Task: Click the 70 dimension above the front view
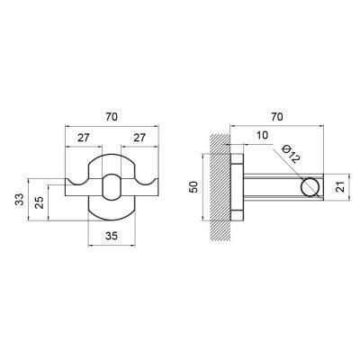click(x=112, y=117)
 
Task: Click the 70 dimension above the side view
click(x=276, y=117)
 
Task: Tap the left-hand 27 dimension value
click(x=84, y=138)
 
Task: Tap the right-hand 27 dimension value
click(x=139, y=138)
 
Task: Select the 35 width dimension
click(x=112, y=236)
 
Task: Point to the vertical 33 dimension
click(x=20, y=200)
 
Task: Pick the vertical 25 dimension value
click(x=40, y=202)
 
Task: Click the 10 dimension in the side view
click(x=262, y=135)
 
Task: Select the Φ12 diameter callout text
click(x=291, y=154)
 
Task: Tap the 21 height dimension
click(x=341, y=186)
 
